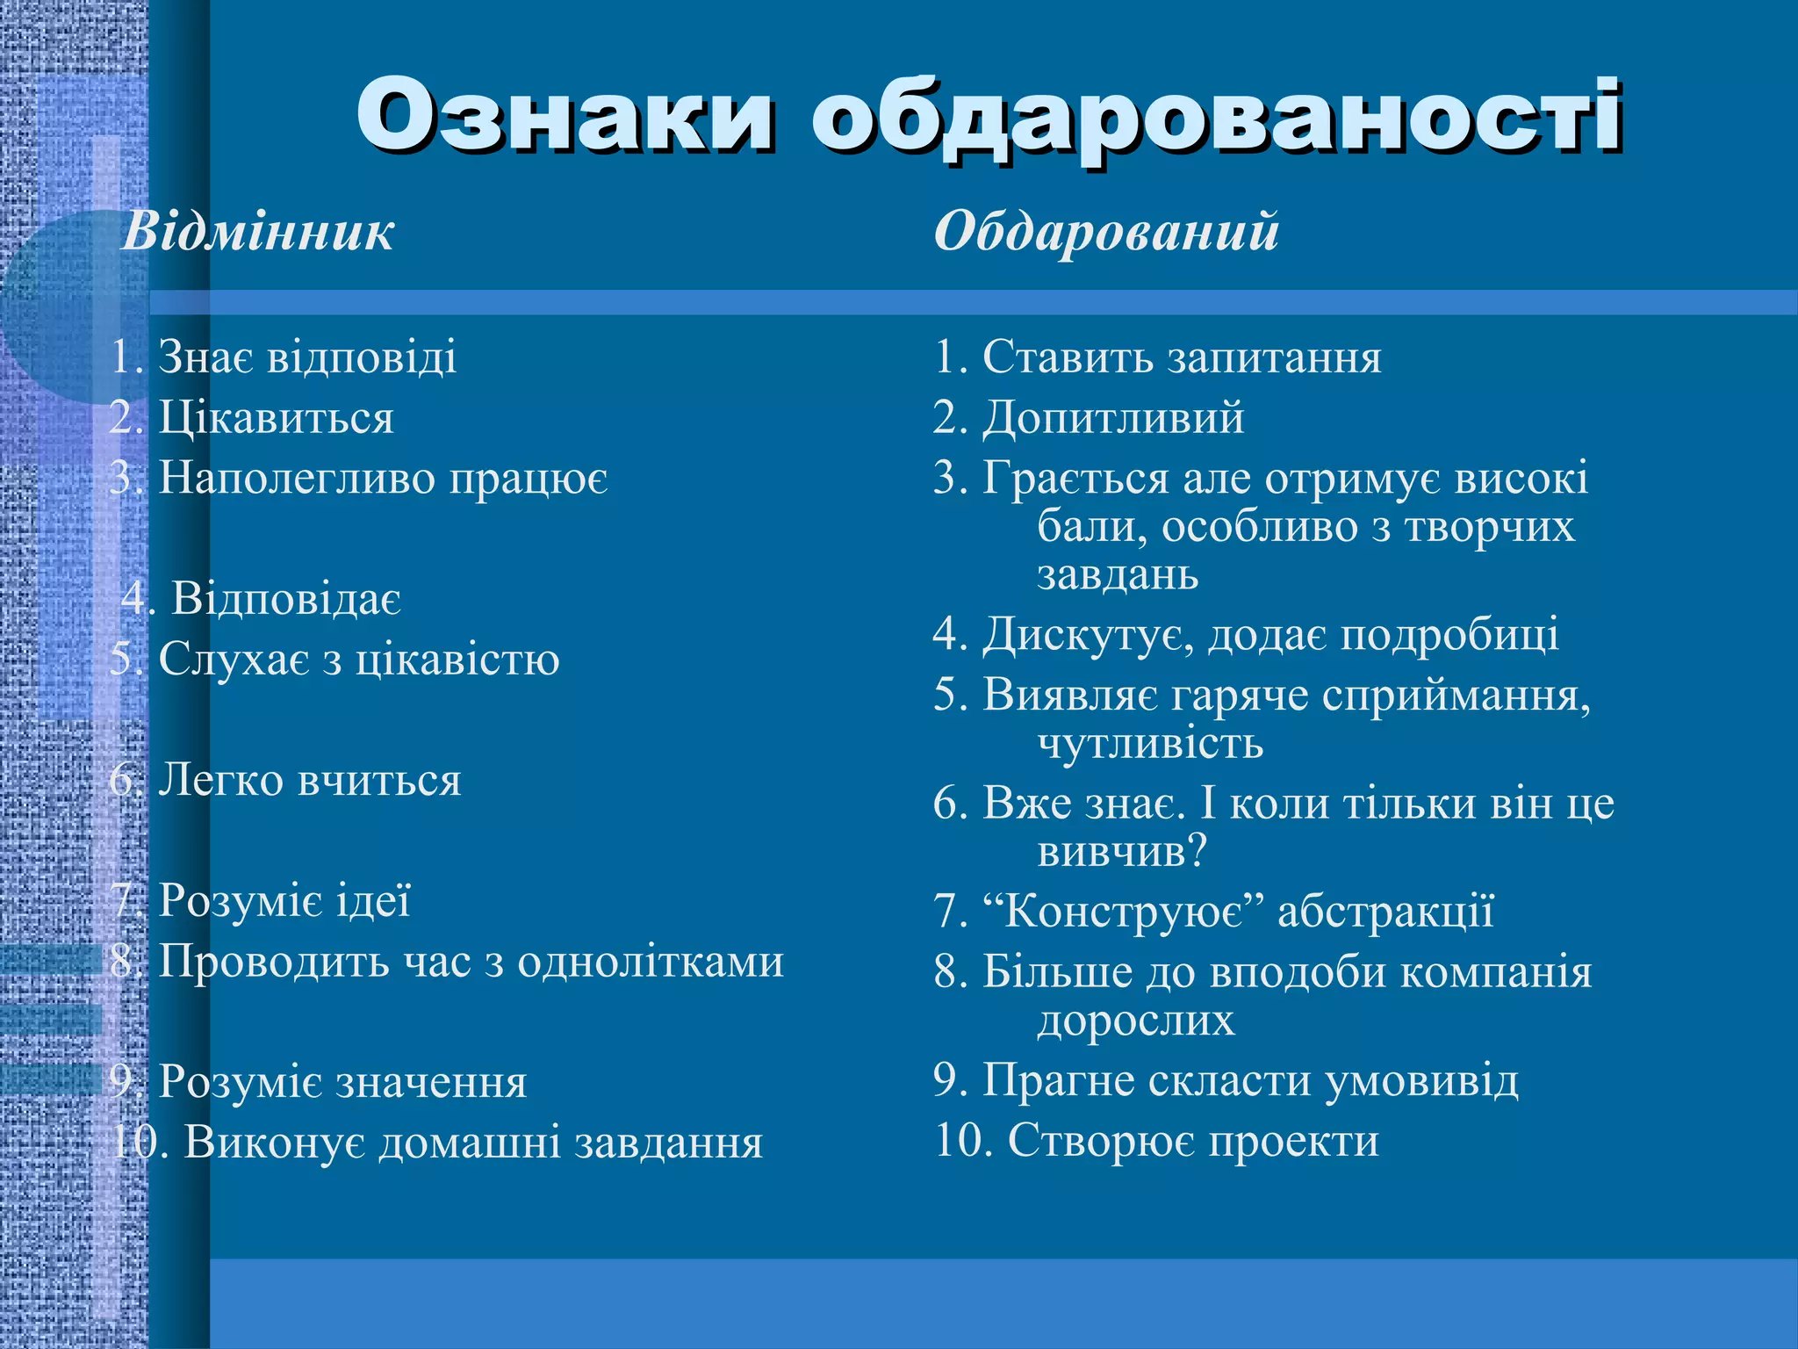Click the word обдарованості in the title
pyautogui.click(x=1216, y=119)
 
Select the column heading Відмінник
pyautogui.click(x=257, y=232)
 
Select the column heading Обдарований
pyautogui.click(x=1106, y=232)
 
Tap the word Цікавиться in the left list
pyautogui.click(x=276, y=417)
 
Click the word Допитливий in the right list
pyautogui.click(x=1113, y=417)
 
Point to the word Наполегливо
pyautogui.click(x=297, y=479)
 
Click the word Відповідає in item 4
pyautogui.click(x=286, y=599)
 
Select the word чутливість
pyautogui.click(x=1150, y=743)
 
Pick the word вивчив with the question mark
pyautogui.click(x=1122, y=851)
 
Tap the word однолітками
pyautogui.click(x=650, y=961)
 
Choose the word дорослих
pyautogui.click(x=1136, y=1021)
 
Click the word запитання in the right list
pyautogui.click(x=1272, y=357)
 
